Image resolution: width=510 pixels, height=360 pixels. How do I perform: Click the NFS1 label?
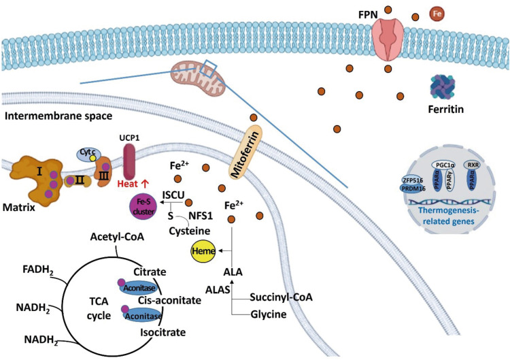[x=198, y=216]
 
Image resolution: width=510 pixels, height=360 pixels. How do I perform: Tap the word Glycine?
[x=269, y=314]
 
